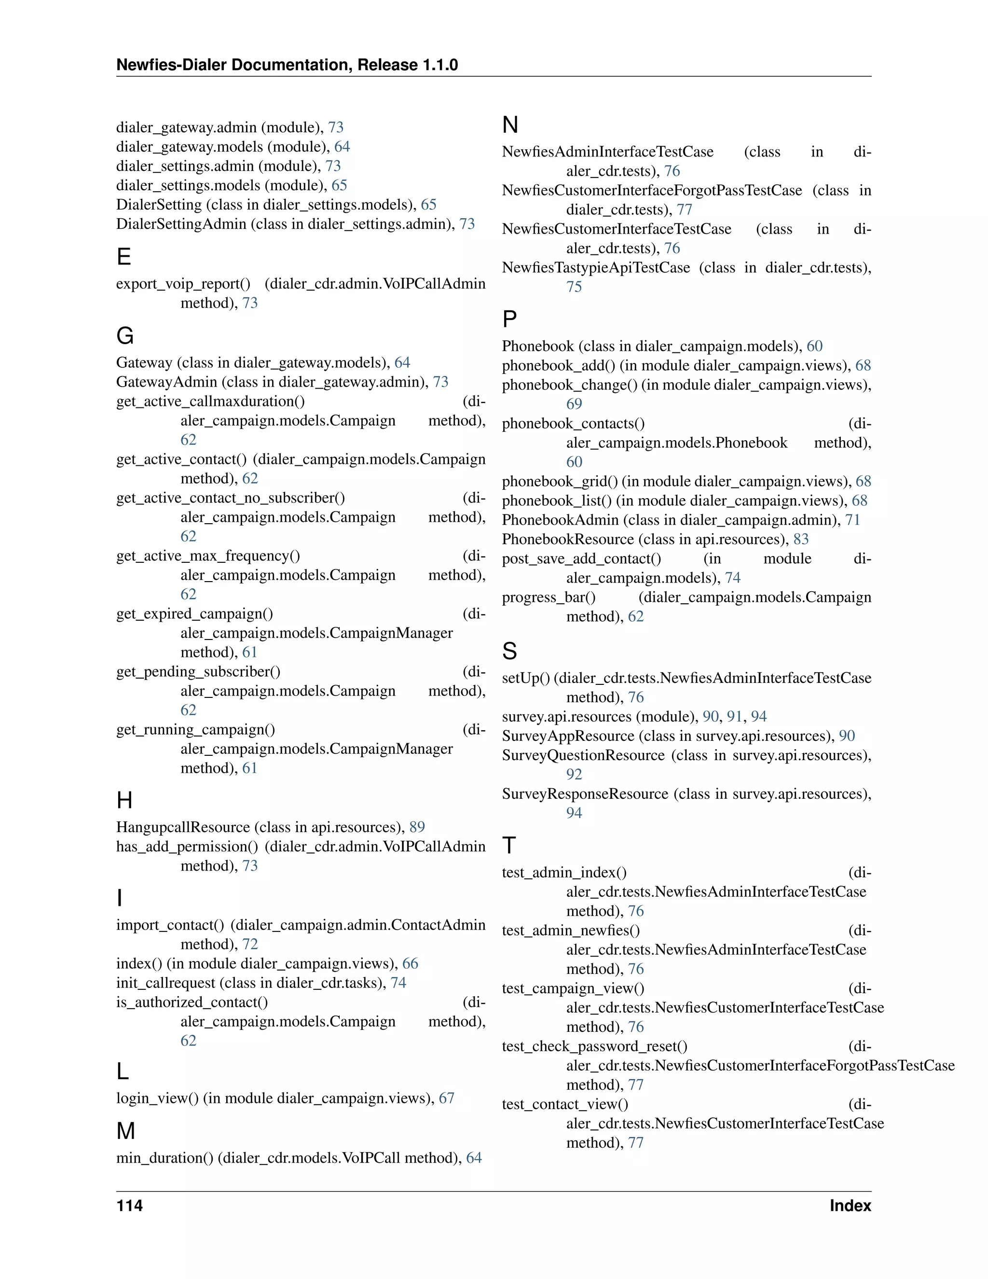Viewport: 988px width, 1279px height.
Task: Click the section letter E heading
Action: pos(123,257)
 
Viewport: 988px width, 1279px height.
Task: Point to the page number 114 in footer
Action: pos(129,1206)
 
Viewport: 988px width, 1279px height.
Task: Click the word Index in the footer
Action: pos(850,1206)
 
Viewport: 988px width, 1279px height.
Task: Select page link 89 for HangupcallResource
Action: pos(417,827)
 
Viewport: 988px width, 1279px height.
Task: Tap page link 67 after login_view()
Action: pos(447,1098)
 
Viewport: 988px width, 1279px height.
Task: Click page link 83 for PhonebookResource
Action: pos(801,540)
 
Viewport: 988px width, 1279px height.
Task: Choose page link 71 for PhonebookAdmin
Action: pos(852,520)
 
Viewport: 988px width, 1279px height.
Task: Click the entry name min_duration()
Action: pos(165,1158)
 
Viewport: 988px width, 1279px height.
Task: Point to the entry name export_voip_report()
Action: pos(183,284)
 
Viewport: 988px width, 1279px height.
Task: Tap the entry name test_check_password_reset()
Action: pos(594,1046)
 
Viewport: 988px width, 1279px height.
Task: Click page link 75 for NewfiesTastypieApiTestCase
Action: pos(574,287)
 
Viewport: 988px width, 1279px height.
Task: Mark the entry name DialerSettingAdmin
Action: pos(181,224)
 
